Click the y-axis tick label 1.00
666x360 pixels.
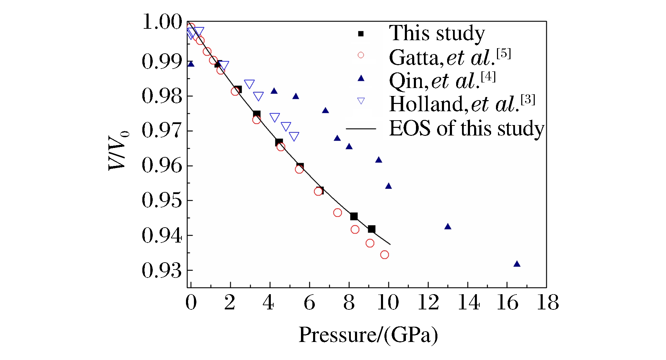point(162,22)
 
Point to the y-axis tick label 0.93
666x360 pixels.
point(162,271)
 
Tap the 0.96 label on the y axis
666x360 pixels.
point(162,166)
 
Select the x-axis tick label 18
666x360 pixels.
point(548,302)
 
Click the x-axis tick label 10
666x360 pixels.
point(388,302)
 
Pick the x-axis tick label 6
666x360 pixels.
point(309,302)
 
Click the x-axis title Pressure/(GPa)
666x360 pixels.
point(368,335)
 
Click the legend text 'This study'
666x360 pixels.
point(437,34)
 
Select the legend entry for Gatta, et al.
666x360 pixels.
point(450,57)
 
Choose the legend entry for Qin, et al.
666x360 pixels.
point(442,80)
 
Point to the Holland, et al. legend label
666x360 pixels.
point(462,104)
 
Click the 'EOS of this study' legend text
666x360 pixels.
point(467,128)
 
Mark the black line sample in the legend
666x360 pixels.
point(361,129)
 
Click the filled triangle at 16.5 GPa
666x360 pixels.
point(517,264)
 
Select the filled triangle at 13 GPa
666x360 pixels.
point(447,227)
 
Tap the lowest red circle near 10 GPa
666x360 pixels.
point(384,255)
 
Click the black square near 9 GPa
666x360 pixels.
point(372,229)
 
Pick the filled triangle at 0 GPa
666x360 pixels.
point(191,64)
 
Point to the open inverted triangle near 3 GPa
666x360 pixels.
point(249,84)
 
